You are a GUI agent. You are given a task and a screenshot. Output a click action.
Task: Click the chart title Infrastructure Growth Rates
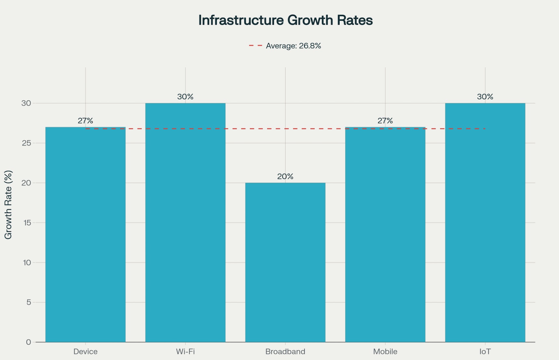point(285,20)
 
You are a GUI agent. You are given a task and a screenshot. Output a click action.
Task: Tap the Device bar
point(85,234)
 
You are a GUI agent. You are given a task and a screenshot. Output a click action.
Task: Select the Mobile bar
point(385,234)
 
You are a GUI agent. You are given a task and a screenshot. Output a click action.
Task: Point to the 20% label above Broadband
point(285,176)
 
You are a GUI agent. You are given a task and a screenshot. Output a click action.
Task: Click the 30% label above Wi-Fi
point(185,97)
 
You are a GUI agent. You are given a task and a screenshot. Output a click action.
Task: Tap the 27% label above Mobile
point(385,121)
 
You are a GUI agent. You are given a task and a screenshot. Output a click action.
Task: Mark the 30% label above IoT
point(485,97)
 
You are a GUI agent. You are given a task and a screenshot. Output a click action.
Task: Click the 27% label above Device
point(85,121)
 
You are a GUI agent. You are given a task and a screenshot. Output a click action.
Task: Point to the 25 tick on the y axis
point(26,143)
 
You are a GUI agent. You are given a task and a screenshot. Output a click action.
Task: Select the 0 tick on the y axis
point(29,342)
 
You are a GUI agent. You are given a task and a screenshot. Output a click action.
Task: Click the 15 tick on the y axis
point(27,223)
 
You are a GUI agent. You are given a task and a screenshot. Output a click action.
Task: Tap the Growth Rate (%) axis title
point(8,205)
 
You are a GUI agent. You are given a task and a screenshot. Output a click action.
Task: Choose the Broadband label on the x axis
point(285,352)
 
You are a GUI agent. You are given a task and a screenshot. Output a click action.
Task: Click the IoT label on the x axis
point(485,352)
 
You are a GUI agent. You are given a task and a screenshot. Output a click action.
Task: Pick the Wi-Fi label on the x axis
point(185,352)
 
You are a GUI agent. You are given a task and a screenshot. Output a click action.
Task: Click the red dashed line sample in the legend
point(255,46)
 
